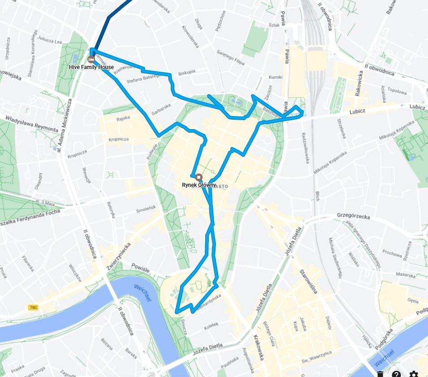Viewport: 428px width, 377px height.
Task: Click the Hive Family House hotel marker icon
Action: point(91,59)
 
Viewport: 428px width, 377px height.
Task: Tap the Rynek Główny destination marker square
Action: point(199,177)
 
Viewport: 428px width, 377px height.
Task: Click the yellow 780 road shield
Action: point(33,308)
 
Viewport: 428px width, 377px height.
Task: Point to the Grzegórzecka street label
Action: point(353,216)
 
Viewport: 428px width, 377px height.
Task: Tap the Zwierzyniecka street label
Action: point(118,256)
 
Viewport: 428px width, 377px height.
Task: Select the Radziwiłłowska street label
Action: point(305,147)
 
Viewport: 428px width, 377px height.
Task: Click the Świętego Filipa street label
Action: point(231,58)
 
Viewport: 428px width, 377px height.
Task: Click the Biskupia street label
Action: point(187,72)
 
